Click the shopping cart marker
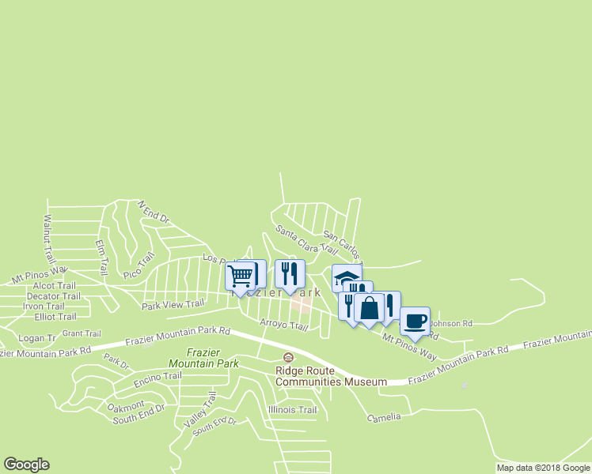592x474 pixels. (x=240, y=276)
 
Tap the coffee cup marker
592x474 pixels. (x=416, y=321)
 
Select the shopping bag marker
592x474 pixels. (x=369, y=307)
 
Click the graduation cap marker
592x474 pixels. (x=345, y=276)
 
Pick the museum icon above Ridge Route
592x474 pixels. (x=288, y=358)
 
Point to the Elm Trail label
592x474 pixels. (x=101, y=258)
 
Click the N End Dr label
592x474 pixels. (x=154, y=211)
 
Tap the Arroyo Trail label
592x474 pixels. (x=283, y=325)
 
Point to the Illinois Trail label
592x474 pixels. (x=292, y=410)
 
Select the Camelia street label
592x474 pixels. (x=384, y=416)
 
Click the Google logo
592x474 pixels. (x=26, y=465)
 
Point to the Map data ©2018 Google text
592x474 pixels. (x=542, y=468)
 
